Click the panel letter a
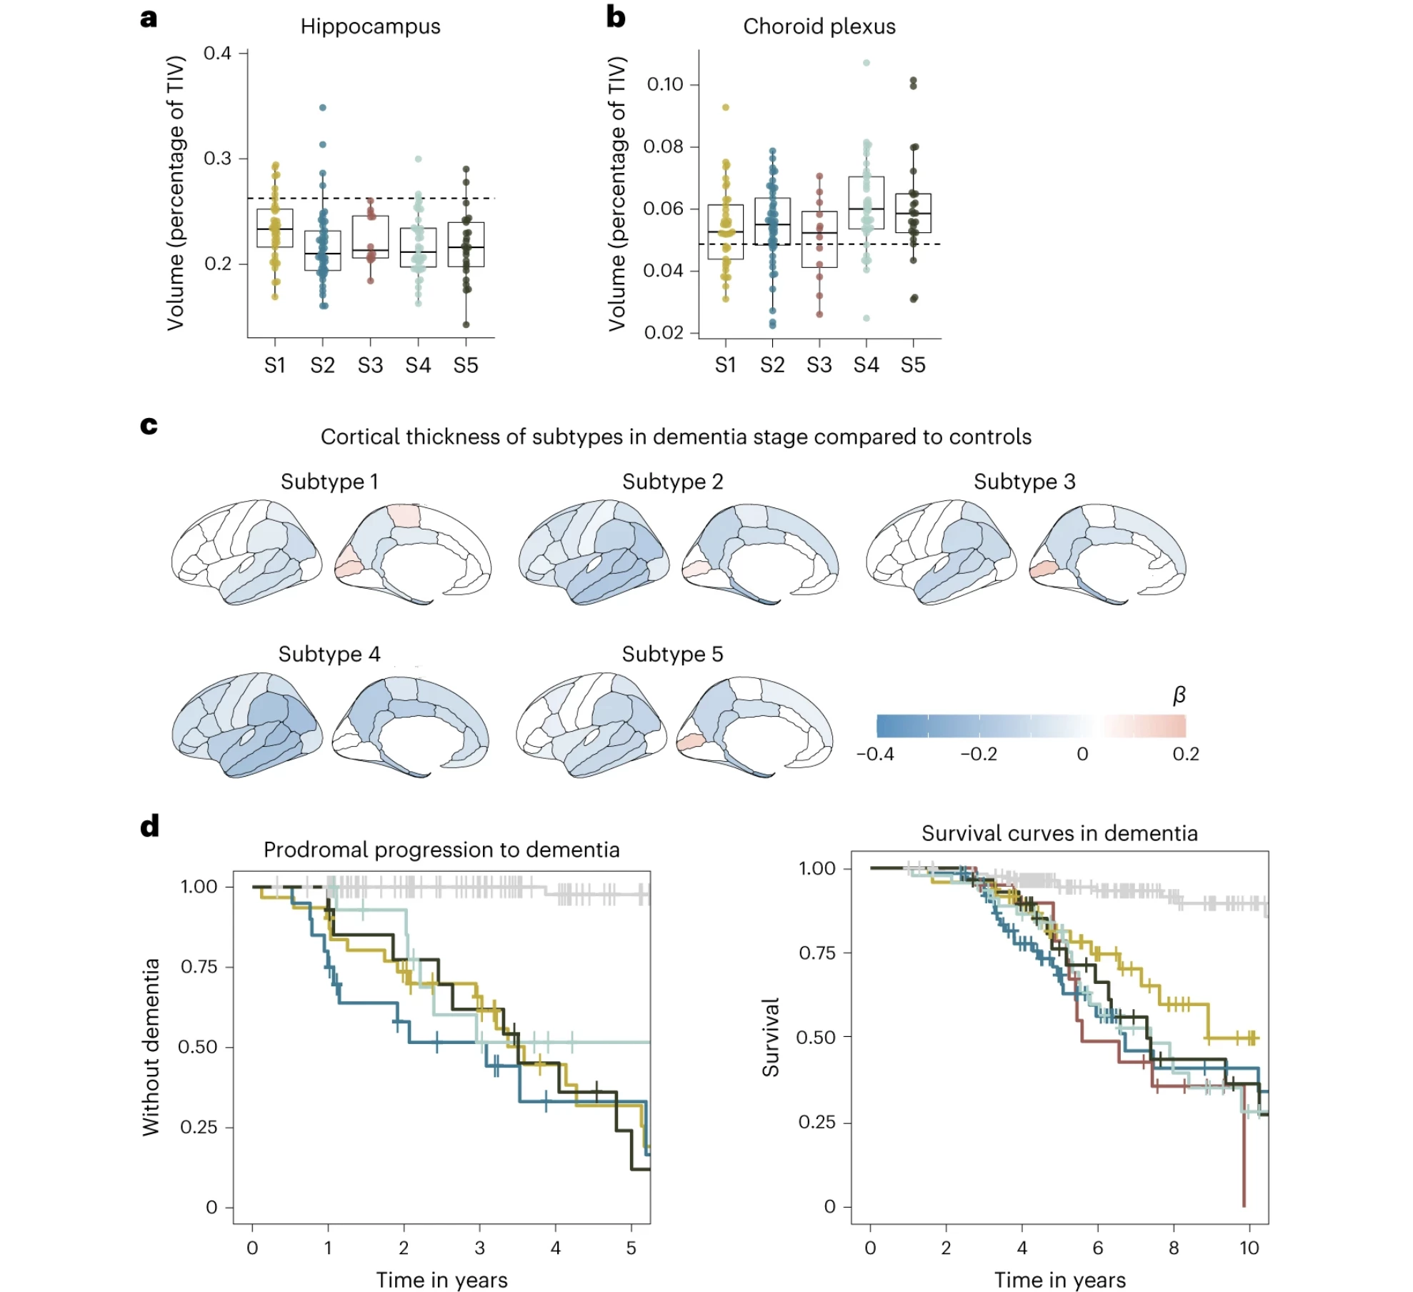[x=149, y=17]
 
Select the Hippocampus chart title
[x=370, y=26]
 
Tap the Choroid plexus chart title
[x=819, y=26]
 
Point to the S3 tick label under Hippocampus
[x=370, y=365]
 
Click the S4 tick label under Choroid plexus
[x=866, y=365]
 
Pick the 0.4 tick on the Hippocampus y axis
[x=217, y=53]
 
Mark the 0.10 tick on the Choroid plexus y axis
[x=665, y=84]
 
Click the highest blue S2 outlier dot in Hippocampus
[x=323, y=108]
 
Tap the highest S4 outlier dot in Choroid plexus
[x=867, y=63]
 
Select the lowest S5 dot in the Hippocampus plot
[x=466, y=324]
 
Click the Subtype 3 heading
[x=1024, y=482]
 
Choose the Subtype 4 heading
[x=329, y=654]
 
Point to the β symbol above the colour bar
[x=1179, y=695]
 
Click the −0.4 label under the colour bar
[x=875, y=754]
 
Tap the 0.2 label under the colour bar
[x=1186, y=754]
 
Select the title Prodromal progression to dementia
[x=441, y=850]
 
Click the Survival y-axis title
[x=770, y=1037]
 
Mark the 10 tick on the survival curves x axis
[x=1249, y=1248]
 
